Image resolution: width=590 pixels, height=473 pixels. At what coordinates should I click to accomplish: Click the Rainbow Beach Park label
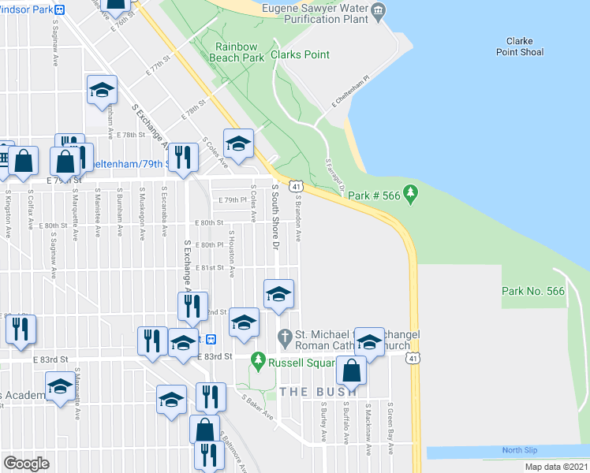[239, 52]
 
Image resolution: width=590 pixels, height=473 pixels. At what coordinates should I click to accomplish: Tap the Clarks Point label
[300, 55]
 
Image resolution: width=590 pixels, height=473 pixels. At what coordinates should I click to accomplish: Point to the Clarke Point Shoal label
[519, 47]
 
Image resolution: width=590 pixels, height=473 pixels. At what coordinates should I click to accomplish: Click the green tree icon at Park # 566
[410, 193]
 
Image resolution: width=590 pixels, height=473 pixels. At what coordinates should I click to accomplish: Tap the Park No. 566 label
[533, 292]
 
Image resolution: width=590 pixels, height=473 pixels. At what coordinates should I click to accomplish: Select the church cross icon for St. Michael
[286, 337]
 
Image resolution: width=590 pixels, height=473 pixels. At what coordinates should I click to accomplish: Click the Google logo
[26, 463]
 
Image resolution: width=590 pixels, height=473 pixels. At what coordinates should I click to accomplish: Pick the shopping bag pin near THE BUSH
[351, 370]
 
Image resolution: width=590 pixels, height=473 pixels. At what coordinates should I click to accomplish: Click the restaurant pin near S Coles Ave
[182, 158]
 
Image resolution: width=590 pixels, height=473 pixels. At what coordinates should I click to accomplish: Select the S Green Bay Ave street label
[390, 429]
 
